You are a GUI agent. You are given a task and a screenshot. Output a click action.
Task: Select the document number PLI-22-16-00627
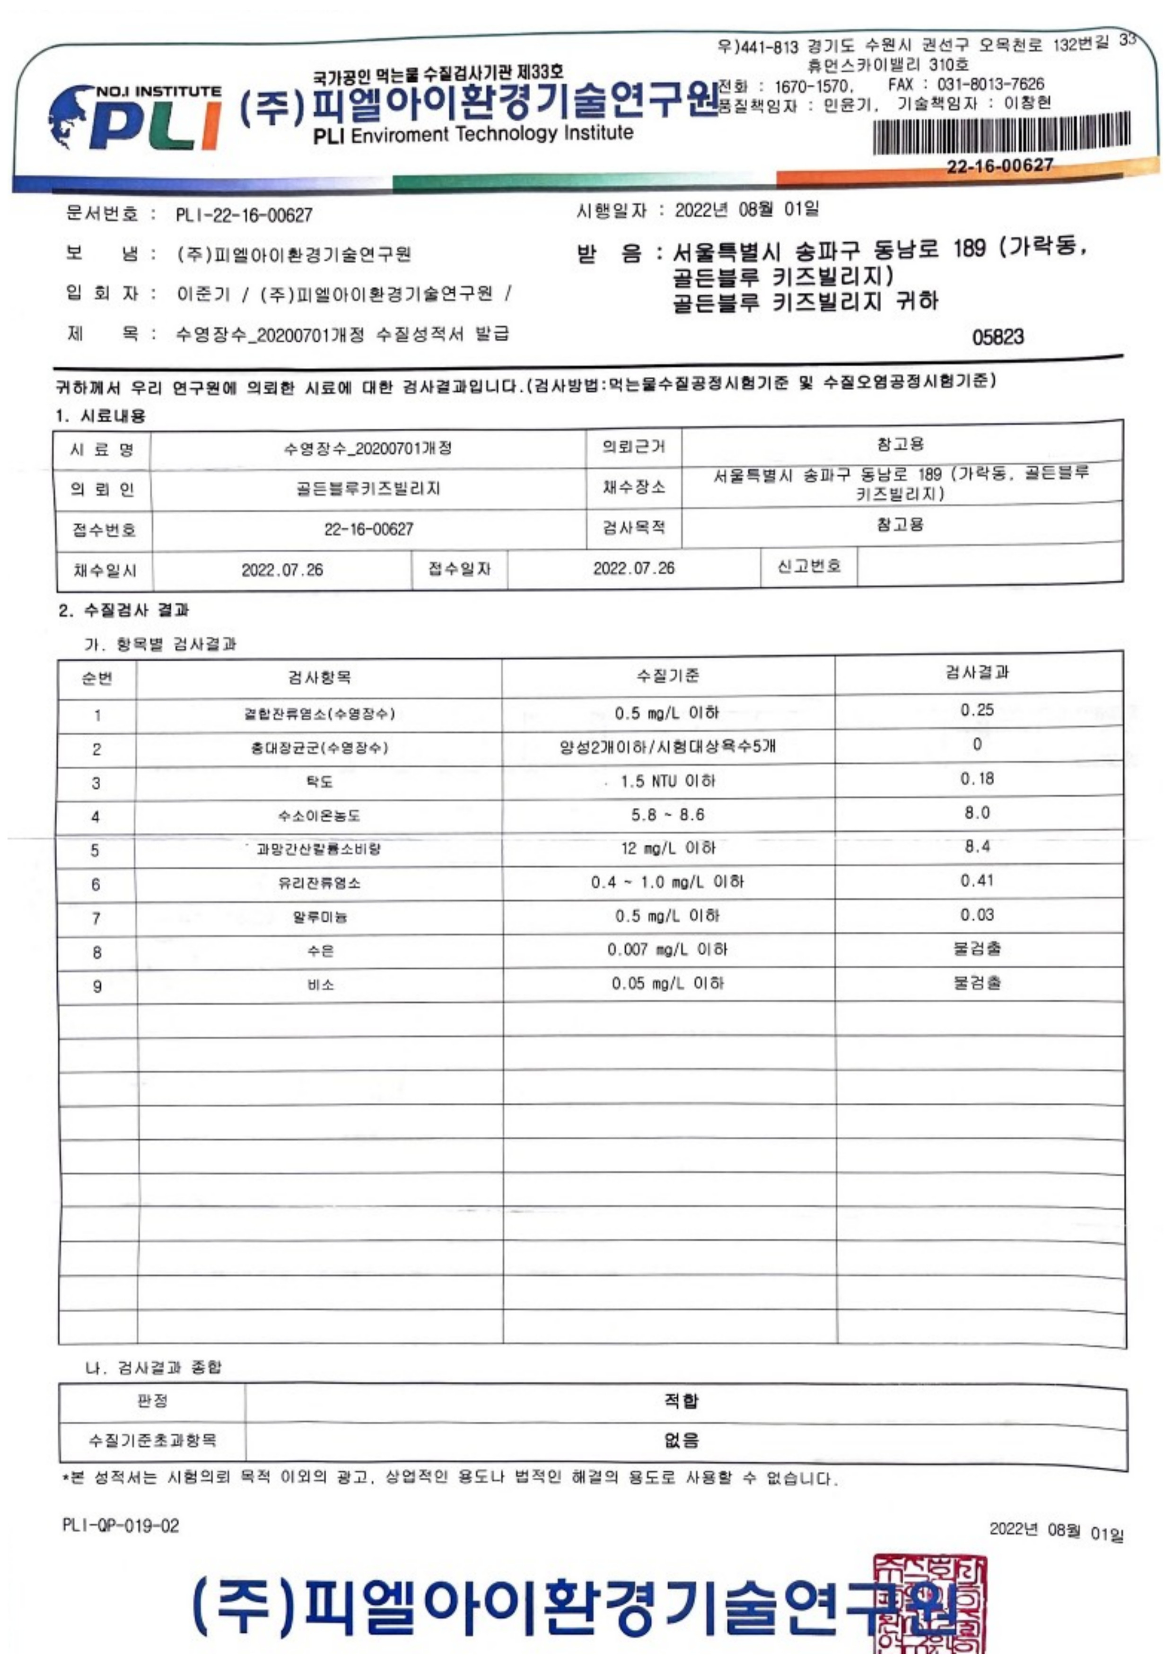(244, 215)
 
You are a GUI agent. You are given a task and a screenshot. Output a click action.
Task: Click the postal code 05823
(998, 337)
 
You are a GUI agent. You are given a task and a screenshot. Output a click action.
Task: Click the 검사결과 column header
(977, 672)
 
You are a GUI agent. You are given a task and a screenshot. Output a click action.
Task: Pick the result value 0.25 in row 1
(977, 710)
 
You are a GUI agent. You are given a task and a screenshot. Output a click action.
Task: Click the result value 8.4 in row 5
(977, 846)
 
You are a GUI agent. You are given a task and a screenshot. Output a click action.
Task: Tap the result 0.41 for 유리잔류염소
(977, 880)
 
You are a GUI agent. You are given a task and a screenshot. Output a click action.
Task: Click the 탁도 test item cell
(319, 782)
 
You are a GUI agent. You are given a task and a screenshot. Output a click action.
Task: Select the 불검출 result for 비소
(977, 983)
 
